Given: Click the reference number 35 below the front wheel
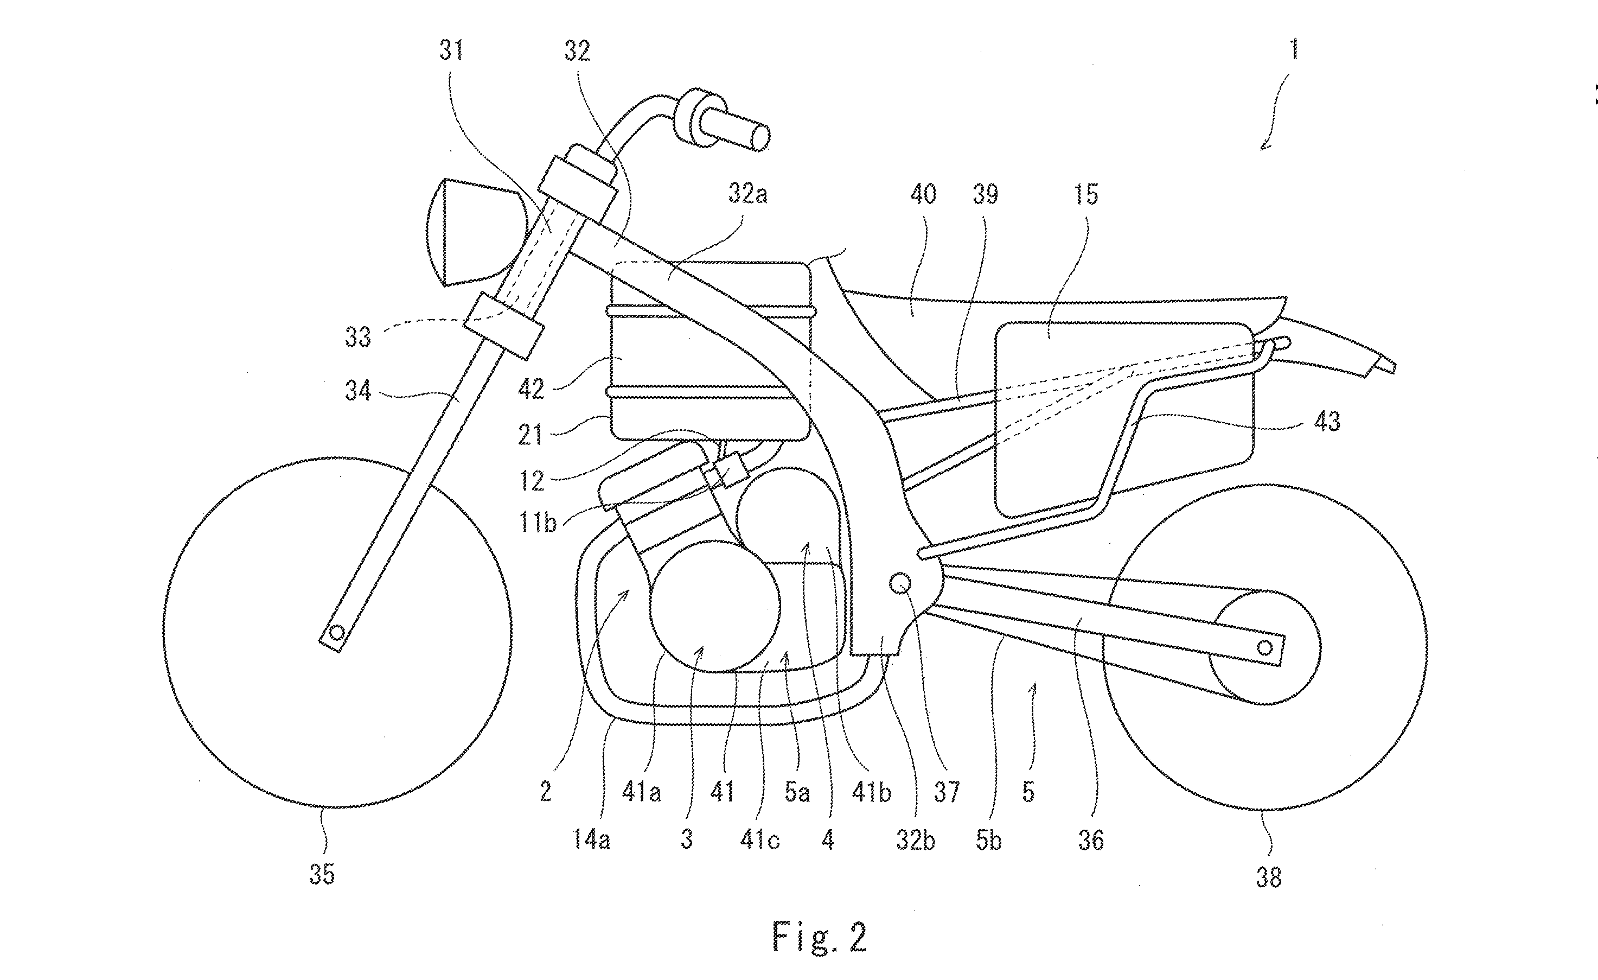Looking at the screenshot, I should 322,874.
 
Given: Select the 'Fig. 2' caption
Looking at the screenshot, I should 819,937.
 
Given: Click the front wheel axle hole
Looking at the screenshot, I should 337,632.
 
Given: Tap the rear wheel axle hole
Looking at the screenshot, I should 1264,647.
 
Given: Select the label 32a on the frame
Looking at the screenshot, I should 747,193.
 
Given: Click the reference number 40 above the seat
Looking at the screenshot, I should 923,194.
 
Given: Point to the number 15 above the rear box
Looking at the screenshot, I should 1085,194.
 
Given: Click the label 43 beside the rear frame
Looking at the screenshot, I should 1326,422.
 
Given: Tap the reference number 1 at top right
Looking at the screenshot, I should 1293,50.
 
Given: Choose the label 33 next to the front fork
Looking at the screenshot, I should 357,338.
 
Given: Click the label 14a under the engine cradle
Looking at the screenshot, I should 591,841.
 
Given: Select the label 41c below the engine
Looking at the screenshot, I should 759,841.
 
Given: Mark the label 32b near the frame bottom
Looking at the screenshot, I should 915,841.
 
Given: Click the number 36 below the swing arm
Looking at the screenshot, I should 1091,841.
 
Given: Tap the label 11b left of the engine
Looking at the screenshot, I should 538,522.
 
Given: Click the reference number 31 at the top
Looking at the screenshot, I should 451,50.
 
